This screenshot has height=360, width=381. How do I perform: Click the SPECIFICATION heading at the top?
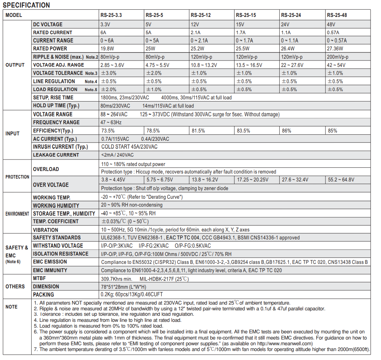[26, 5]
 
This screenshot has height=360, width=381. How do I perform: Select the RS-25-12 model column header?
[201, 15]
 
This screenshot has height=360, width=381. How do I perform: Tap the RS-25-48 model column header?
[337, 15]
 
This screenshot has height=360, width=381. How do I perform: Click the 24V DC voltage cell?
[286, 24]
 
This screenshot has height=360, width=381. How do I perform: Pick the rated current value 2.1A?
[196, 32]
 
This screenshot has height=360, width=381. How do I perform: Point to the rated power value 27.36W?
[335, 49]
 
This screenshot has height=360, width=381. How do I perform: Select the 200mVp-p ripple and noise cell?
[337, 57]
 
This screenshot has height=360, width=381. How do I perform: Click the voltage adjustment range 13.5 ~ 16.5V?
[249, 65]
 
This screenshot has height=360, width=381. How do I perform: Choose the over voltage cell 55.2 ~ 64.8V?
[341, 180]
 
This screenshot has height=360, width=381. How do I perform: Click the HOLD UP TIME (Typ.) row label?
[56, 105]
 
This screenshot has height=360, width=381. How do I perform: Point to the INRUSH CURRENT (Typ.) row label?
[61, 147]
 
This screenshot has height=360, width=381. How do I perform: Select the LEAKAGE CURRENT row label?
[56, 155]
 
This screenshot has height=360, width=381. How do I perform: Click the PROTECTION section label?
[17, 177]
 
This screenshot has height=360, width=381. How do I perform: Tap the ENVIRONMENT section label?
[17, 214]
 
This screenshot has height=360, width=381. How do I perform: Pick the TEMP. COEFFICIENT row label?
[56, 221]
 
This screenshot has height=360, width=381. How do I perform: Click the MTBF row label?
[39, 278]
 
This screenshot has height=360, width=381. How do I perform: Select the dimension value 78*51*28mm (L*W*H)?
[124, 287]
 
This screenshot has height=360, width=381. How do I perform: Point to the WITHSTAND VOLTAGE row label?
[58, 246]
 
